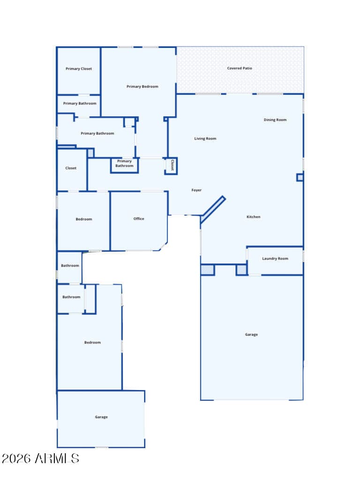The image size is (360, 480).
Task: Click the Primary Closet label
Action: tap(79, 68)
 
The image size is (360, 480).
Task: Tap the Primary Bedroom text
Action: tap(142, 87)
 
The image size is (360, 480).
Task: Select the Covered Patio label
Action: tap(240, 68)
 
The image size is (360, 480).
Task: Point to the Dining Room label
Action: tap(275, 120)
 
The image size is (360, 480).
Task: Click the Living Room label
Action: tap(205, 139)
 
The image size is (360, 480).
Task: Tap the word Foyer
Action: tap(196, 190)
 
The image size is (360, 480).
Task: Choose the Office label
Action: tap(139, 218)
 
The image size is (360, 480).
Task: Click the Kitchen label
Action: tap(254, 217)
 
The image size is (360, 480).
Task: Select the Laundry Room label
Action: tap(275, 258)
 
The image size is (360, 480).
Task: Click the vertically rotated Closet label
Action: tap(172, 165)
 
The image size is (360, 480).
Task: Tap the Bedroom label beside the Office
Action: tap(84, 219)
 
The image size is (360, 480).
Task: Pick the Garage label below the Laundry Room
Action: tap(251, 335)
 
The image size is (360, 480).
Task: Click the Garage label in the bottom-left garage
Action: tap(101, 417)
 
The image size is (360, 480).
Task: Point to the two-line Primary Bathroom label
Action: tap(124, 163)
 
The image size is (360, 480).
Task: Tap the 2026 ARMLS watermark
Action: tap(40, 458)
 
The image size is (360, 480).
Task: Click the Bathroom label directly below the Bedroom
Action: tap(70, 265)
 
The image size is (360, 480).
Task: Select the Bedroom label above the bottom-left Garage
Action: tap(92, 342)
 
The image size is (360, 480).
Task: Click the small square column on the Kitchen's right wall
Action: tap(300, 177)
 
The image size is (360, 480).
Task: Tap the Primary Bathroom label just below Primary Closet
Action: tap(80, 104)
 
